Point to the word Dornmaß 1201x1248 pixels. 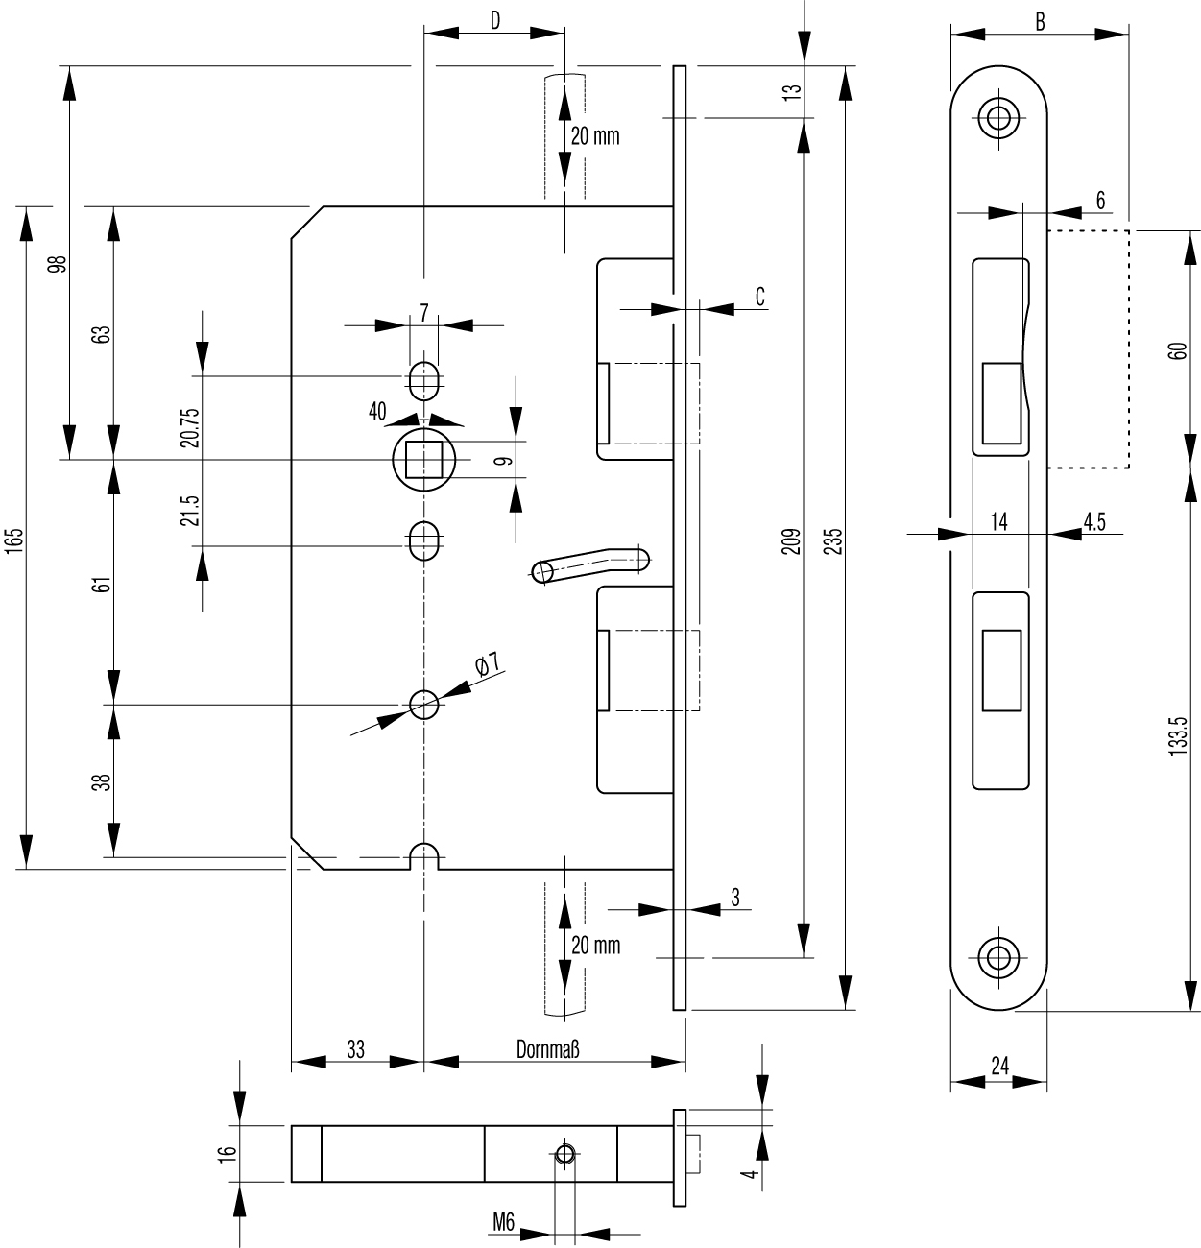coord(548,1049)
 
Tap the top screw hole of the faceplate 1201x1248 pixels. coord(998,118)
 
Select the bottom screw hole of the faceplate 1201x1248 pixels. coord(998,956)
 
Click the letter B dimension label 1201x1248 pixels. coord(1040,21)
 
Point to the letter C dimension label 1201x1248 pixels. coord(760,297)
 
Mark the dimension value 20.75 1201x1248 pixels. coord(190,428)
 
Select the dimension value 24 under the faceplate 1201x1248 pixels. coord(999,1066)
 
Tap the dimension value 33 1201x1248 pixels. coord(355,1049)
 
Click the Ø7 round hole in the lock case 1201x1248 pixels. coord(423,705)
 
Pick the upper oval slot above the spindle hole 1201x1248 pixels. coord(423,379)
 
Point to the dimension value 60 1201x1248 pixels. coord(1180,350)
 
